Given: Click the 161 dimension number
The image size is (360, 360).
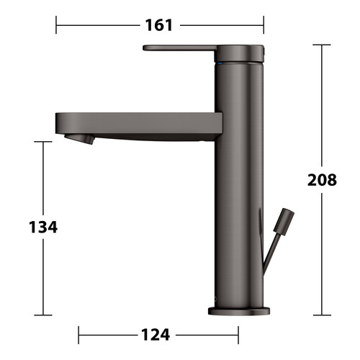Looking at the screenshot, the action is point(159,25).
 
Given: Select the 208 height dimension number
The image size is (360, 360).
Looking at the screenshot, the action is point(322,180).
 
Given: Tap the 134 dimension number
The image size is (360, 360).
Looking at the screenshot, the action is point(43,227).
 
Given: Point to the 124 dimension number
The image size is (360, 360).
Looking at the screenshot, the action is point(156,335).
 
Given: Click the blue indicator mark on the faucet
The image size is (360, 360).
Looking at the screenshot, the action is point(220,63).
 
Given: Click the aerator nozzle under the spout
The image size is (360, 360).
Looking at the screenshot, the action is point(79,139).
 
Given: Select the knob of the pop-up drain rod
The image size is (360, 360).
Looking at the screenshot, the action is point(284,222).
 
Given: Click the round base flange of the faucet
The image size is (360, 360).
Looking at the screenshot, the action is point(239,311).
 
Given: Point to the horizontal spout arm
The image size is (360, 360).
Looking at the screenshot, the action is point(139,127).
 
